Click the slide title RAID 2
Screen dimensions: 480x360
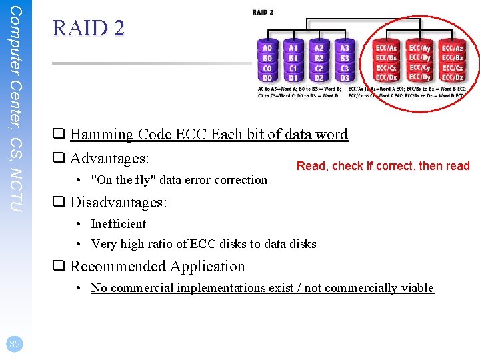tap(88, 28)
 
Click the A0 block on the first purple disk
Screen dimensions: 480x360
tap(267, 48)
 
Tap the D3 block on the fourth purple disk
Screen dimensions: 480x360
tap(345, 78)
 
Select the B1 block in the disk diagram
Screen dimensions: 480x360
tap(293, 58)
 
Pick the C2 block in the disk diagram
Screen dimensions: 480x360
tap(319, 68)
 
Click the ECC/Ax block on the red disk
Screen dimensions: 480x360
tap(387, 48)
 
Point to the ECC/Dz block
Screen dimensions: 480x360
tap(453, 78)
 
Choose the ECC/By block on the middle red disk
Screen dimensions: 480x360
tap(420, 58)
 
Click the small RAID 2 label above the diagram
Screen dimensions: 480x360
tap(263, 12)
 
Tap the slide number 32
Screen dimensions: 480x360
tap(14, 344)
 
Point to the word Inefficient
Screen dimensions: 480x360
tap(118, 224)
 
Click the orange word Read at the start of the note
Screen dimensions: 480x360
tap(311, 166)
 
